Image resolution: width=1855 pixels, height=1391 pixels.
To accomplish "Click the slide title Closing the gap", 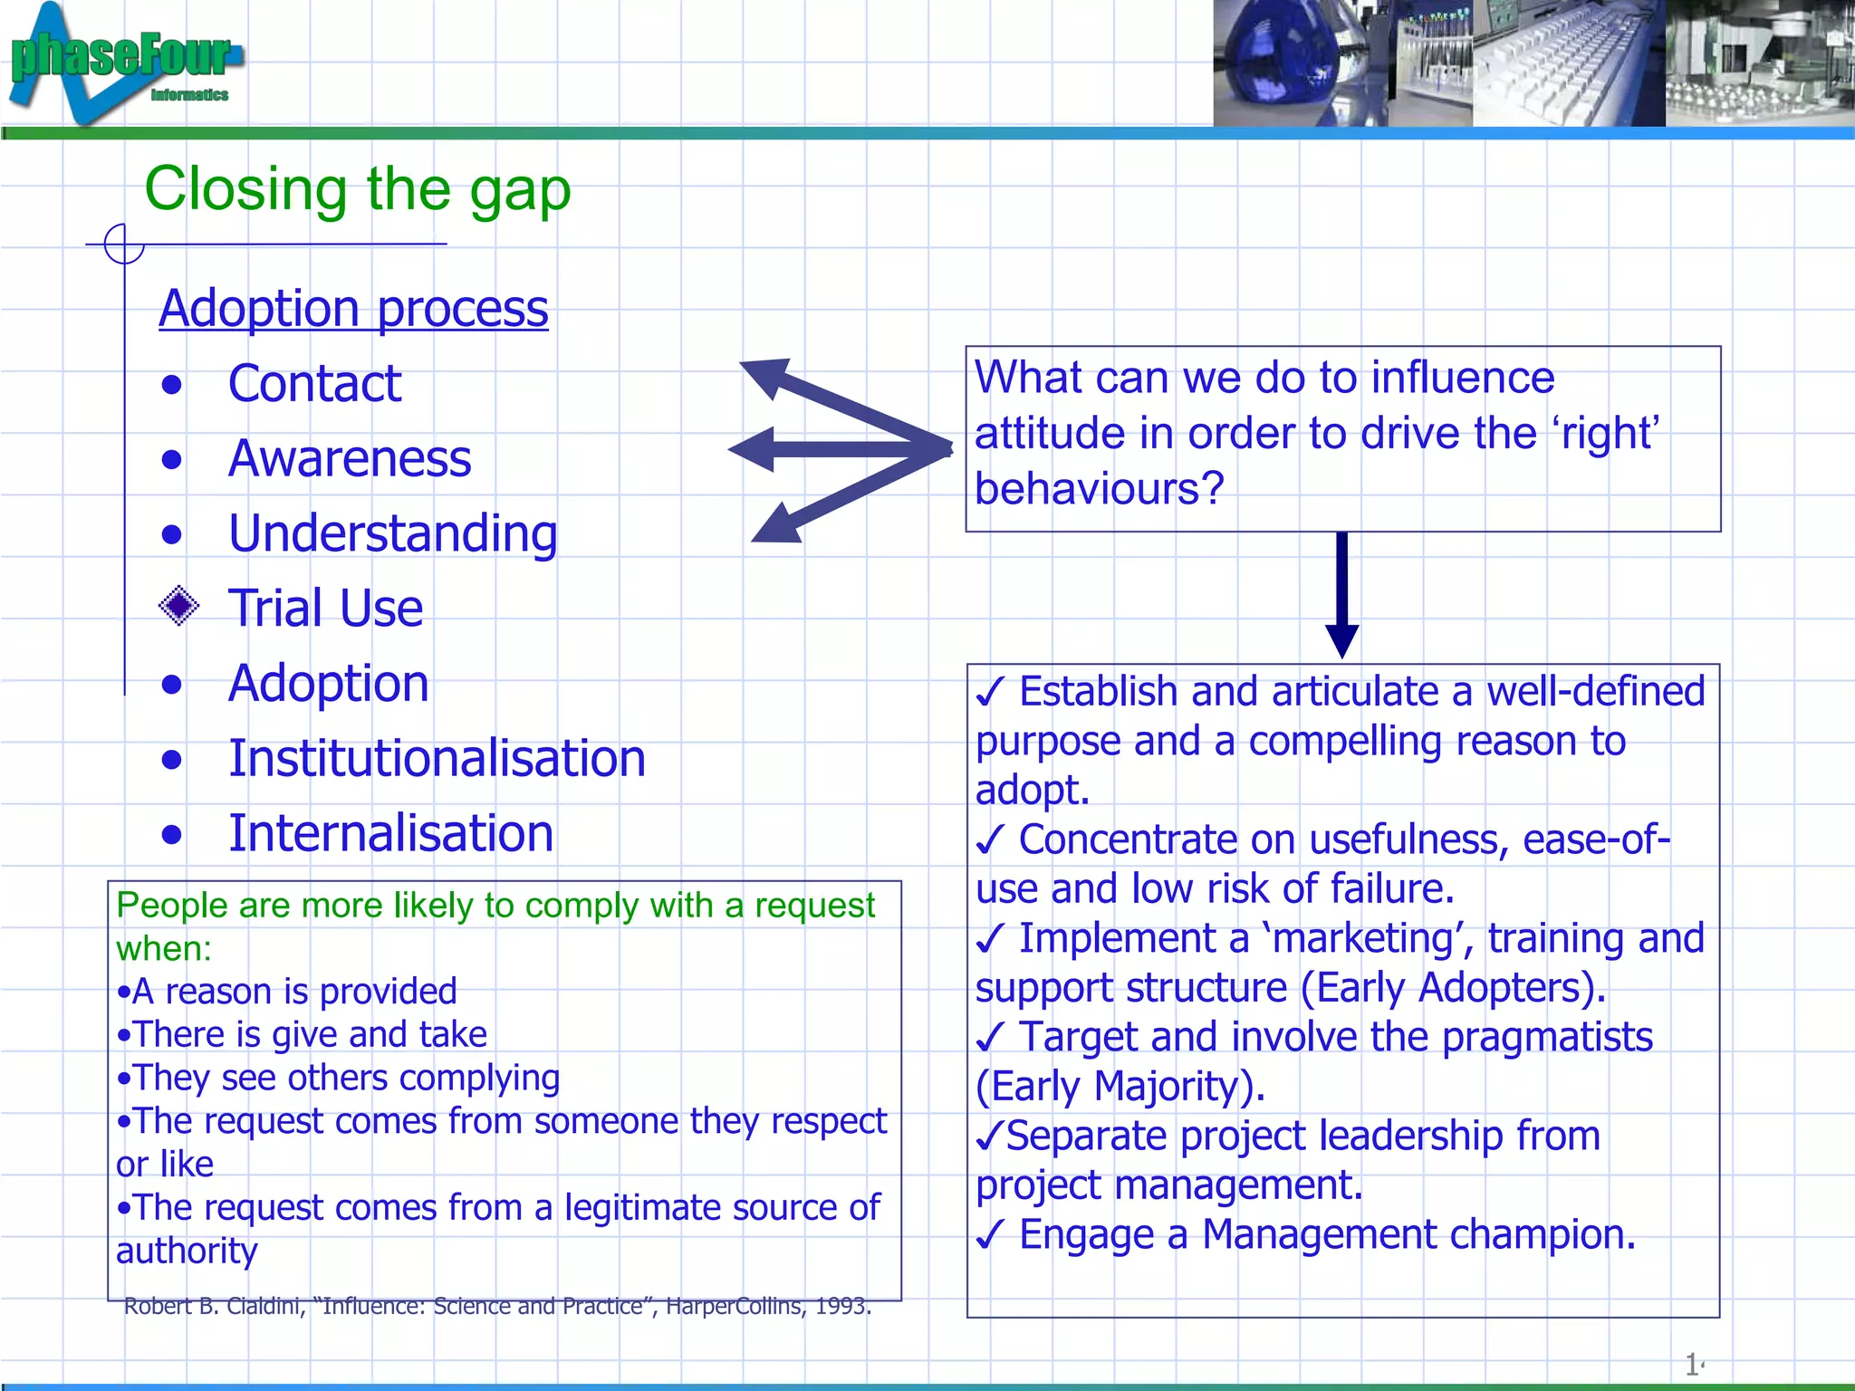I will pos(357,189).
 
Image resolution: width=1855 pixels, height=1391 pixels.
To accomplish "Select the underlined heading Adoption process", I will pos(353,309).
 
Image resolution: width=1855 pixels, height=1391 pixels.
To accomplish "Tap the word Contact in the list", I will pos(314,383).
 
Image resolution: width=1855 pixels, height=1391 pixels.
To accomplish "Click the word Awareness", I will pos(350,458).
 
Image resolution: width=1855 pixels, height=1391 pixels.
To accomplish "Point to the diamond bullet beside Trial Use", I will pos(178,606).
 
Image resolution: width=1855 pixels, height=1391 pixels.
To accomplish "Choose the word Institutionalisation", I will pos(437,758).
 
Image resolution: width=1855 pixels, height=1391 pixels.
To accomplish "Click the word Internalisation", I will pos(390,833).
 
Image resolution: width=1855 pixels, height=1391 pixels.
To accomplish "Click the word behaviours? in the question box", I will pos(1099,489).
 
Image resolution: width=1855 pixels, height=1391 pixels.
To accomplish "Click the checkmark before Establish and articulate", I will pos(990,694).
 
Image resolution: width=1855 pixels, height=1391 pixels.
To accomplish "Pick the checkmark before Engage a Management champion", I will pos(990,1235).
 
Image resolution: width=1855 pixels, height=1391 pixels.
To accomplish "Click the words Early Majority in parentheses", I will pos(1119,1087).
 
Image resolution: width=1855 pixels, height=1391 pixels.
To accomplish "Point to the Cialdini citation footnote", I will pos(496,1307).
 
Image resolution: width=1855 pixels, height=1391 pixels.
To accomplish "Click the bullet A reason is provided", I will pos(288,992).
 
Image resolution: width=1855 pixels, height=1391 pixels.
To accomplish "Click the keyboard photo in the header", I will pos(1567,63).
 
